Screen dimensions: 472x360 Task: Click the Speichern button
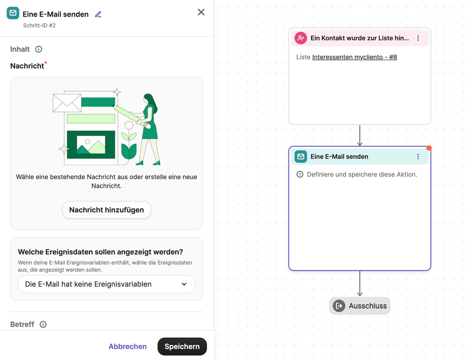[182, 346]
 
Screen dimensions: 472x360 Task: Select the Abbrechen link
[127, 346]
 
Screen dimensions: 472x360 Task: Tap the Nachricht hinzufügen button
[106, 210]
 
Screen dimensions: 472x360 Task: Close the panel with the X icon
[201, 12]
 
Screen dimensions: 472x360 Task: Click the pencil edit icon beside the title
[98, 14]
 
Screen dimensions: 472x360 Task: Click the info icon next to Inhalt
[39, 49]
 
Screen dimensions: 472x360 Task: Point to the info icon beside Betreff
[43, 324]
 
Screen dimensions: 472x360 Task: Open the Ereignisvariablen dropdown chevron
[184, 284]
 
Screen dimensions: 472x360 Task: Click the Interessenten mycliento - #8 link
[354, 57]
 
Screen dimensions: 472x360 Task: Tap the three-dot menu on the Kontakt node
[418, 38]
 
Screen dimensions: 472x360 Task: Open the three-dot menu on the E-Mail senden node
[418, 157]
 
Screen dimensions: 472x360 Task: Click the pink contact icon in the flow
[301, 38]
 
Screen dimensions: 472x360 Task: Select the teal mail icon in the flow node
[301, 157]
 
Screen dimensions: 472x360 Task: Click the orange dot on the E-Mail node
[429, 148]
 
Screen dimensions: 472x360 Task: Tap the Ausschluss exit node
[360, 306]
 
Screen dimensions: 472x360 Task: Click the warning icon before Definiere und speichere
[300, 174]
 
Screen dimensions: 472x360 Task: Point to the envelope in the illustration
[67, 103]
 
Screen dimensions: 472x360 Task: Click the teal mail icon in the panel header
[13, 13]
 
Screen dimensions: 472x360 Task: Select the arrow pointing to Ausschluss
[360, 284]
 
